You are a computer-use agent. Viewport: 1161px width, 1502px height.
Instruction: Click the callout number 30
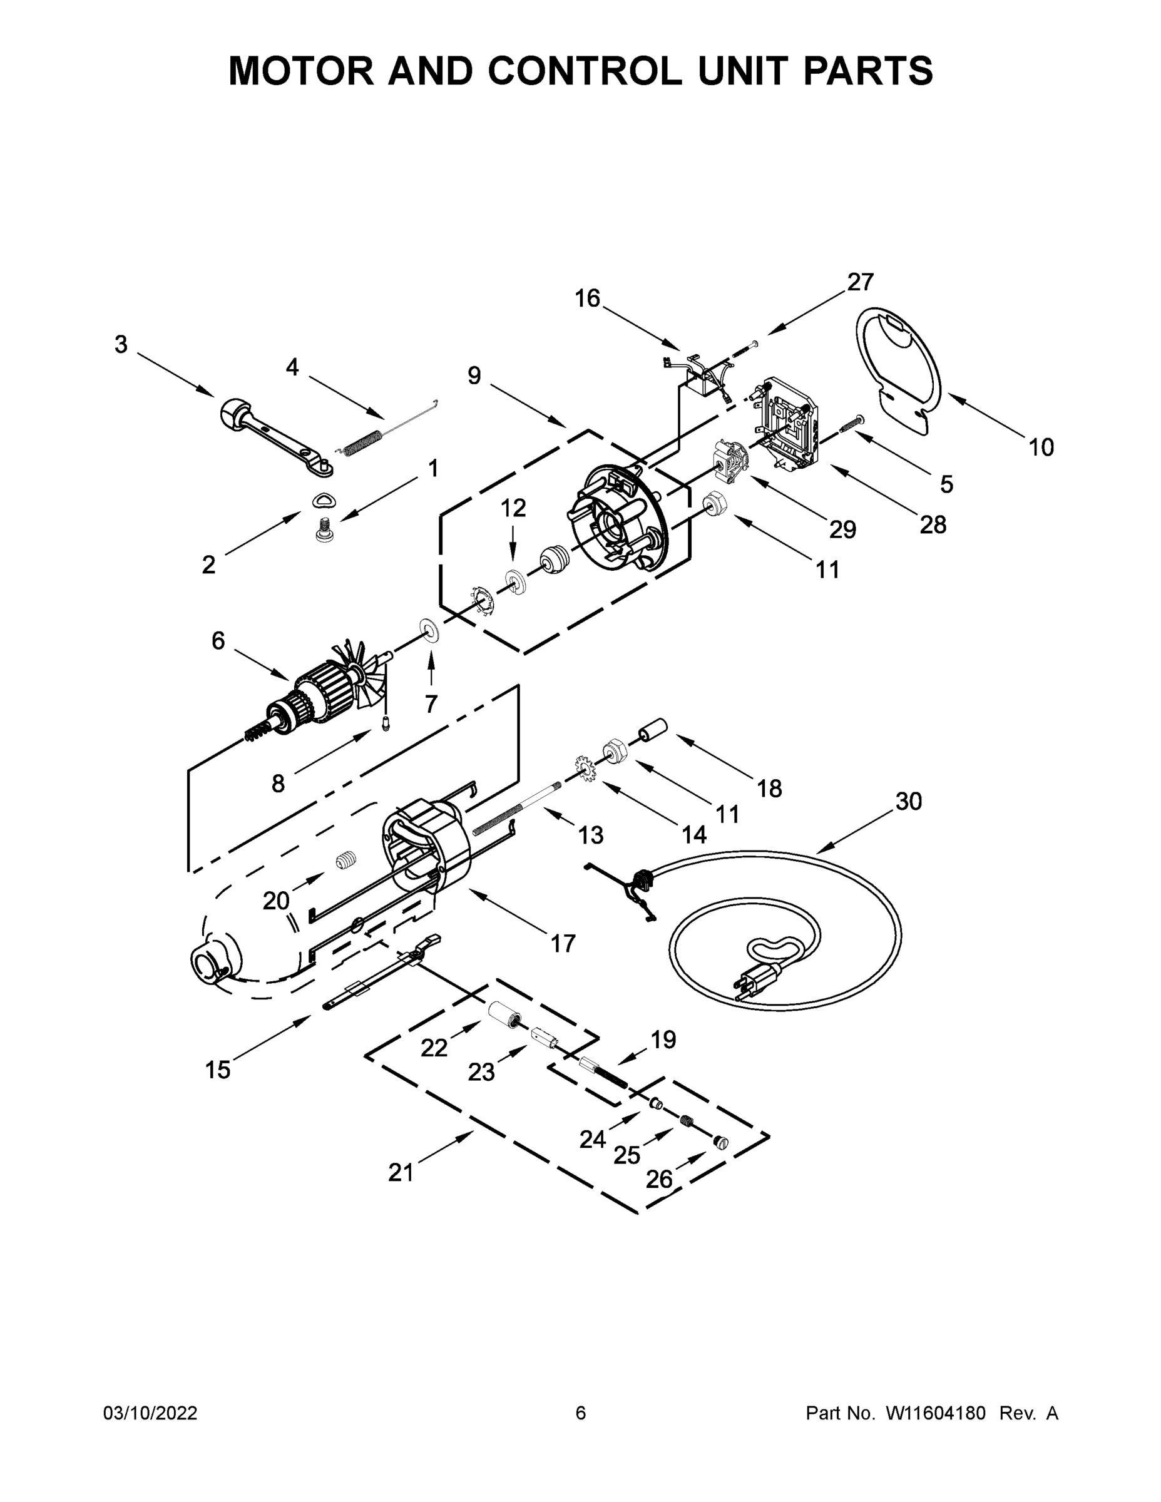tap(909, 802)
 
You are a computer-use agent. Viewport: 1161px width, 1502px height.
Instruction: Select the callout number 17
tap(563, 944)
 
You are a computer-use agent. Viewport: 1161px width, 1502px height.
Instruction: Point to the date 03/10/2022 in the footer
tap(150, 1413)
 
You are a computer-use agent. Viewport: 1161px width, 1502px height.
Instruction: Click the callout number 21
tap(401, 1173)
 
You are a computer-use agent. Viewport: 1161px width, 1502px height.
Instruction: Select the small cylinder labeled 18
tap(654, 729)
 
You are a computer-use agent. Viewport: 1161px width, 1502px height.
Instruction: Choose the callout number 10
tap(1041, 447)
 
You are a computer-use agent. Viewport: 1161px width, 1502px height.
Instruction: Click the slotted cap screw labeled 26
tap(721, 1142)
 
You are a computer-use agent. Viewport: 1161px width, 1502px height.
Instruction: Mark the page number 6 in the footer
tap(581, 1413)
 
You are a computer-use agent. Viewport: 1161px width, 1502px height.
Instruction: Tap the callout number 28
tap(933, 524)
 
